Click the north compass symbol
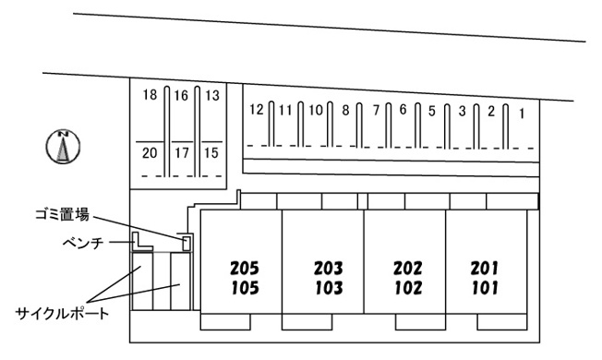(63, 147)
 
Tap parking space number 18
(150, 94)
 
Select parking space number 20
(150, 153)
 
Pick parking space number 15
(211, 153)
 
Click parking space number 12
(257, 110)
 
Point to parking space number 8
(345, 111)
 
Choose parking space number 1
(522, 114)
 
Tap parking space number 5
(432, 112)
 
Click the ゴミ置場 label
(62, 214)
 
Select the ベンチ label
(83, 243)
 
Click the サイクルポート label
(62, 314)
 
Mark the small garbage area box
(187, 244)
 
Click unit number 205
(245, 269)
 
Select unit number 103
(329, 288)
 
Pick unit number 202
(408, 268)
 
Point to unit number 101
(485, 288)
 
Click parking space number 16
(181, 96)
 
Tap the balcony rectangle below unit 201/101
(502, 321)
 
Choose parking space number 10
(316, 111)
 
